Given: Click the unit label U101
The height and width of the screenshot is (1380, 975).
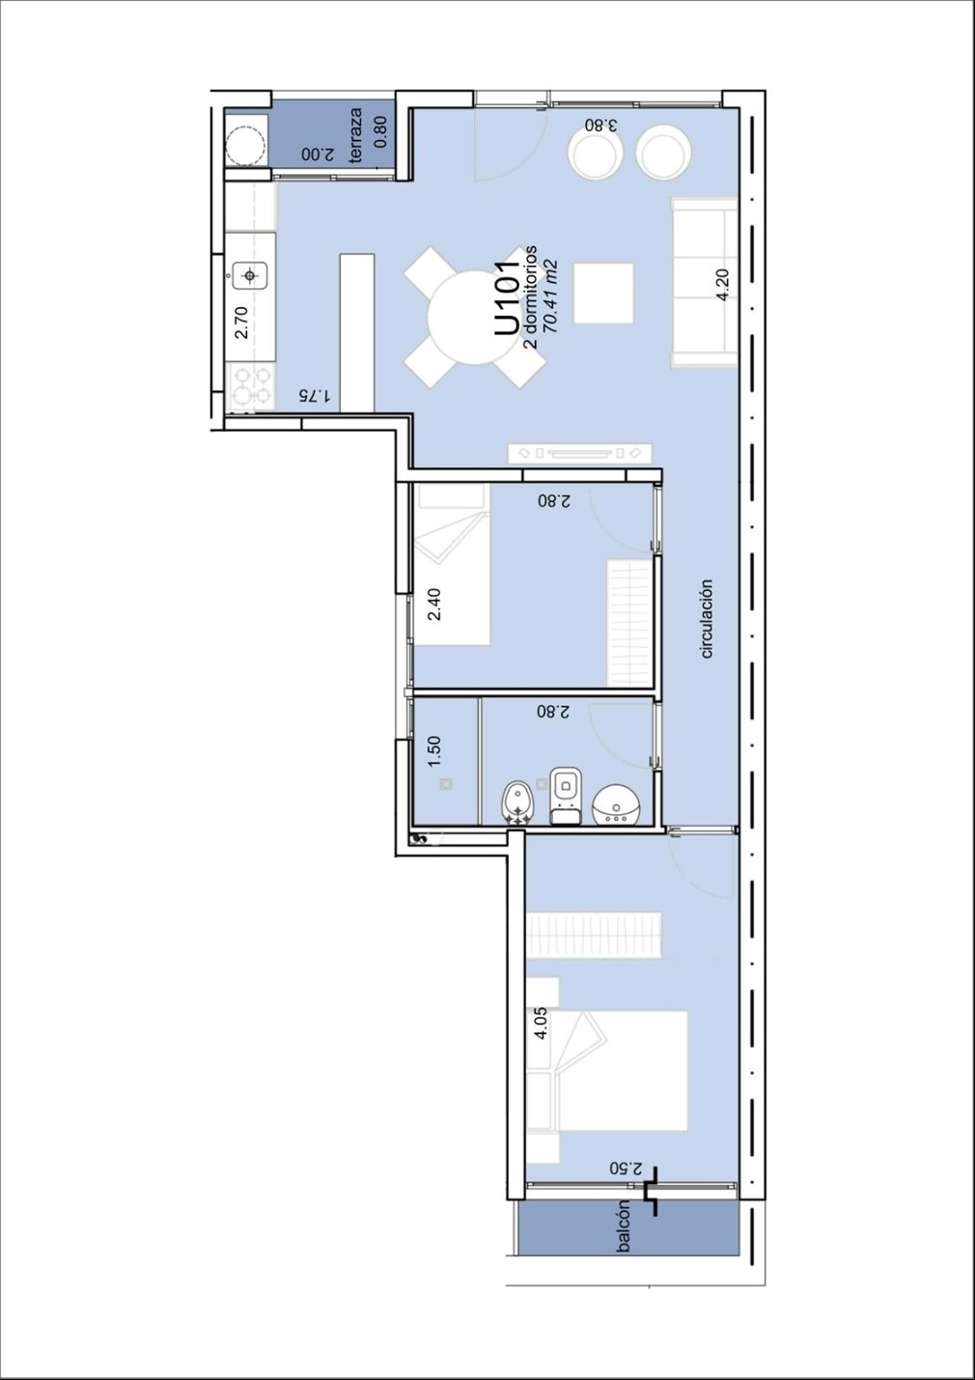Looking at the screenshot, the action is click(507, 298).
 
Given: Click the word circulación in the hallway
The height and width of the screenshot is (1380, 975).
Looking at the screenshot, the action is click(706, 618).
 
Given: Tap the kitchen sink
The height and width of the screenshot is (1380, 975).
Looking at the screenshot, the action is click(250, 275).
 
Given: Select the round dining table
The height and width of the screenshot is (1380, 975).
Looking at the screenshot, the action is click(475, 318).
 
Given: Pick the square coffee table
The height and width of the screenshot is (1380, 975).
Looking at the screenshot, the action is click(603, 293).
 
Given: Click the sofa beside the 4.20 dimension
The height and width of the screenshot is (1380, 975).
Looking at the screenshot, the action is click(705, 283).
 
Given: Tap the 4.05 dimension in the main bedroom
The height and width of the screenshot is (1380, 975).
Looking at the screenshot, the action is click(541, 1024).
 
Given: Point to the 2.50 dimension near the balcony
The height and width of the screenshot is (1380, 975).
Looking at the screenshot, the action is click(626, 1169).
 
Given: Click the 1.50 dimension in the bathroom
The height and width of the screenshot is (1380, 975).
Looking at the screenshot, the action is click(434, 751).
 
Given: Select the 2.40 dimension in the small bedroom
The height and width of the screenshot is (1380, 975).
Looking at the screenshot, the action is click(434, 605).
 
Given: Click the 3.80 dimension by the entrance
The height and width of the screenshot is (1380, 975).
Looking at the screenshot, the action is click(600, 125).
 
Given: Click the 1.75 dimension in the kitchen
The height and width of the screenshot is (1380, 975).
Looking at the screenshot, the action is click(315, 395).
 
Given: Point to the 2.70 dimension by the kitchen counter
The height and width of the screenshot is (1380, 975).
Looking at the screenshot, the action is click(241, 323).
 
